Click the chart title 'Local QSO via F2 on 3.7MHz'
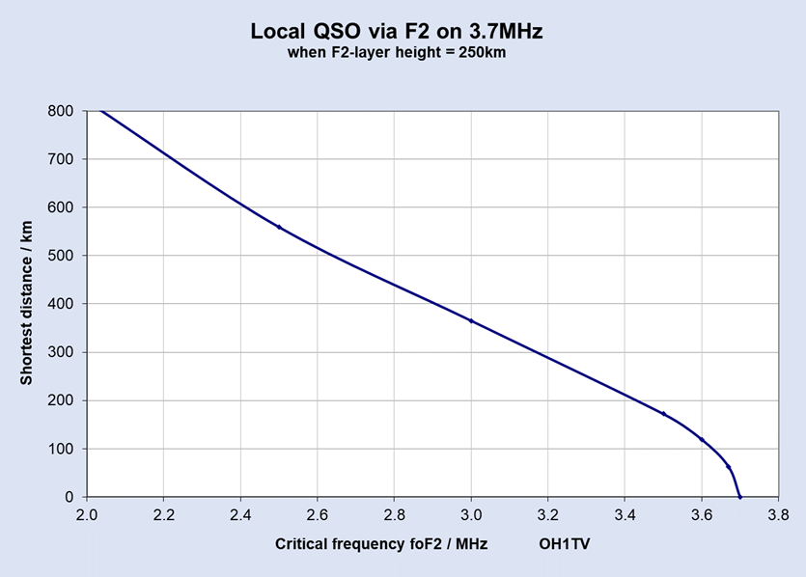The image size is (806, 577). [397, 31]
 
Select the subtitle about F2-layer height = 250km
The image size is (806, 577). [397, 52]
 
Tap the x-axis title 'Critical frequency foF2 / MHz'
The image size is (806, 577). [381, 544]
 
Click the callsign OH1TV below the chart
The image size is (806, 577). [565, 544]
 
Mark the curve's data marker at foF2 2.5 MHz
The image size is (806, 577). [279, 227]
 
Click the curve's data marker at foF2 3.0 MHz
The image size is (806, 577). [471, 320]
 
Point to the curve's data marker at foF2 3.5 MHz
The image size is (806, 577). [663, 413]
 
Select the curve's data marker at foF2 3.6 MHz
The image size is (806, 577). [702, 439]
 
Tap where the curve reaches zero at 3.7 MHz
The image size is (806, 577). [740, 497]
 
